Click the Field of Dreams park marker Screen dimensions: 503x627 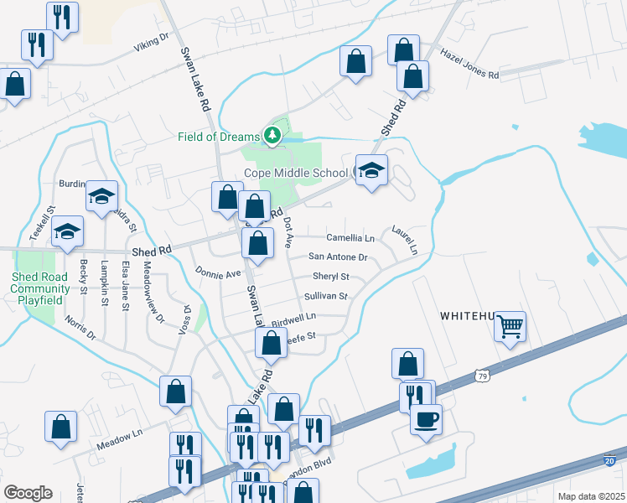click(272, 134)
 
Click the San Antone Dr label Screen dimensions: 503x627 click(338, 257)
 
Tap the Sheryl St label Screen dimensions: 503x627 click(330, 276)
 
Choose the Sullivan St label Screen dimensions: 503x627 click(325, 296)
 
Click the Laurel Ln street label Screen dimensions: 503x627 click(404, 239)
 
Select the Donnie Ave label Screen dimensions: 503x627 click(218, 272)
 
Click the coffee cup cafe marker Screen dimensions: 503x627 click(426, 418)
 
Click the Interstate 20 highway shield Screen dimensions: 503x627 click(613, 459)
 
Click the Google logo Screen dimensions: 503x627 click(27, 492)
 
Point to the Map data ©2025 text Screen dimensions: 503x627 click(590, 496)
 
